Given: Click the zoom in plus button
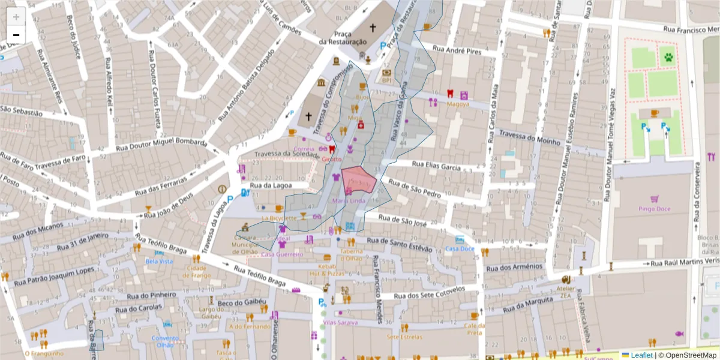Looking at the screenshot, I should coord(16,17).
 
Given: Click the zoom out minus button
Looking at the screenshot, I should coord(16,34).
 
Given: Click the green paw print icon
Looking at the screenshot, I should coord(668,58).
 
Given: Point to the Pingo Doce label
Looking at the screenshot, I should coord(654,209).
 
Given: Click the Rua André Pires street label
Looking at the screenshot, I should coord(457,52).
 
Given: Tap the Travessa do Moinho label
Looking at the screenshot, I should coord(529,138).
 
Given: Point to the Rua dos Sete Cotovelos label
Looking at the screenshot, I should coord(430,293).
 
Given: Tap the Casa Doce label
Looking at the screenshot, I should coord(460,249).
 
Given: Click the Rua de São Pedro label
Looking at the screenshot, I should coord(415,188).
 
